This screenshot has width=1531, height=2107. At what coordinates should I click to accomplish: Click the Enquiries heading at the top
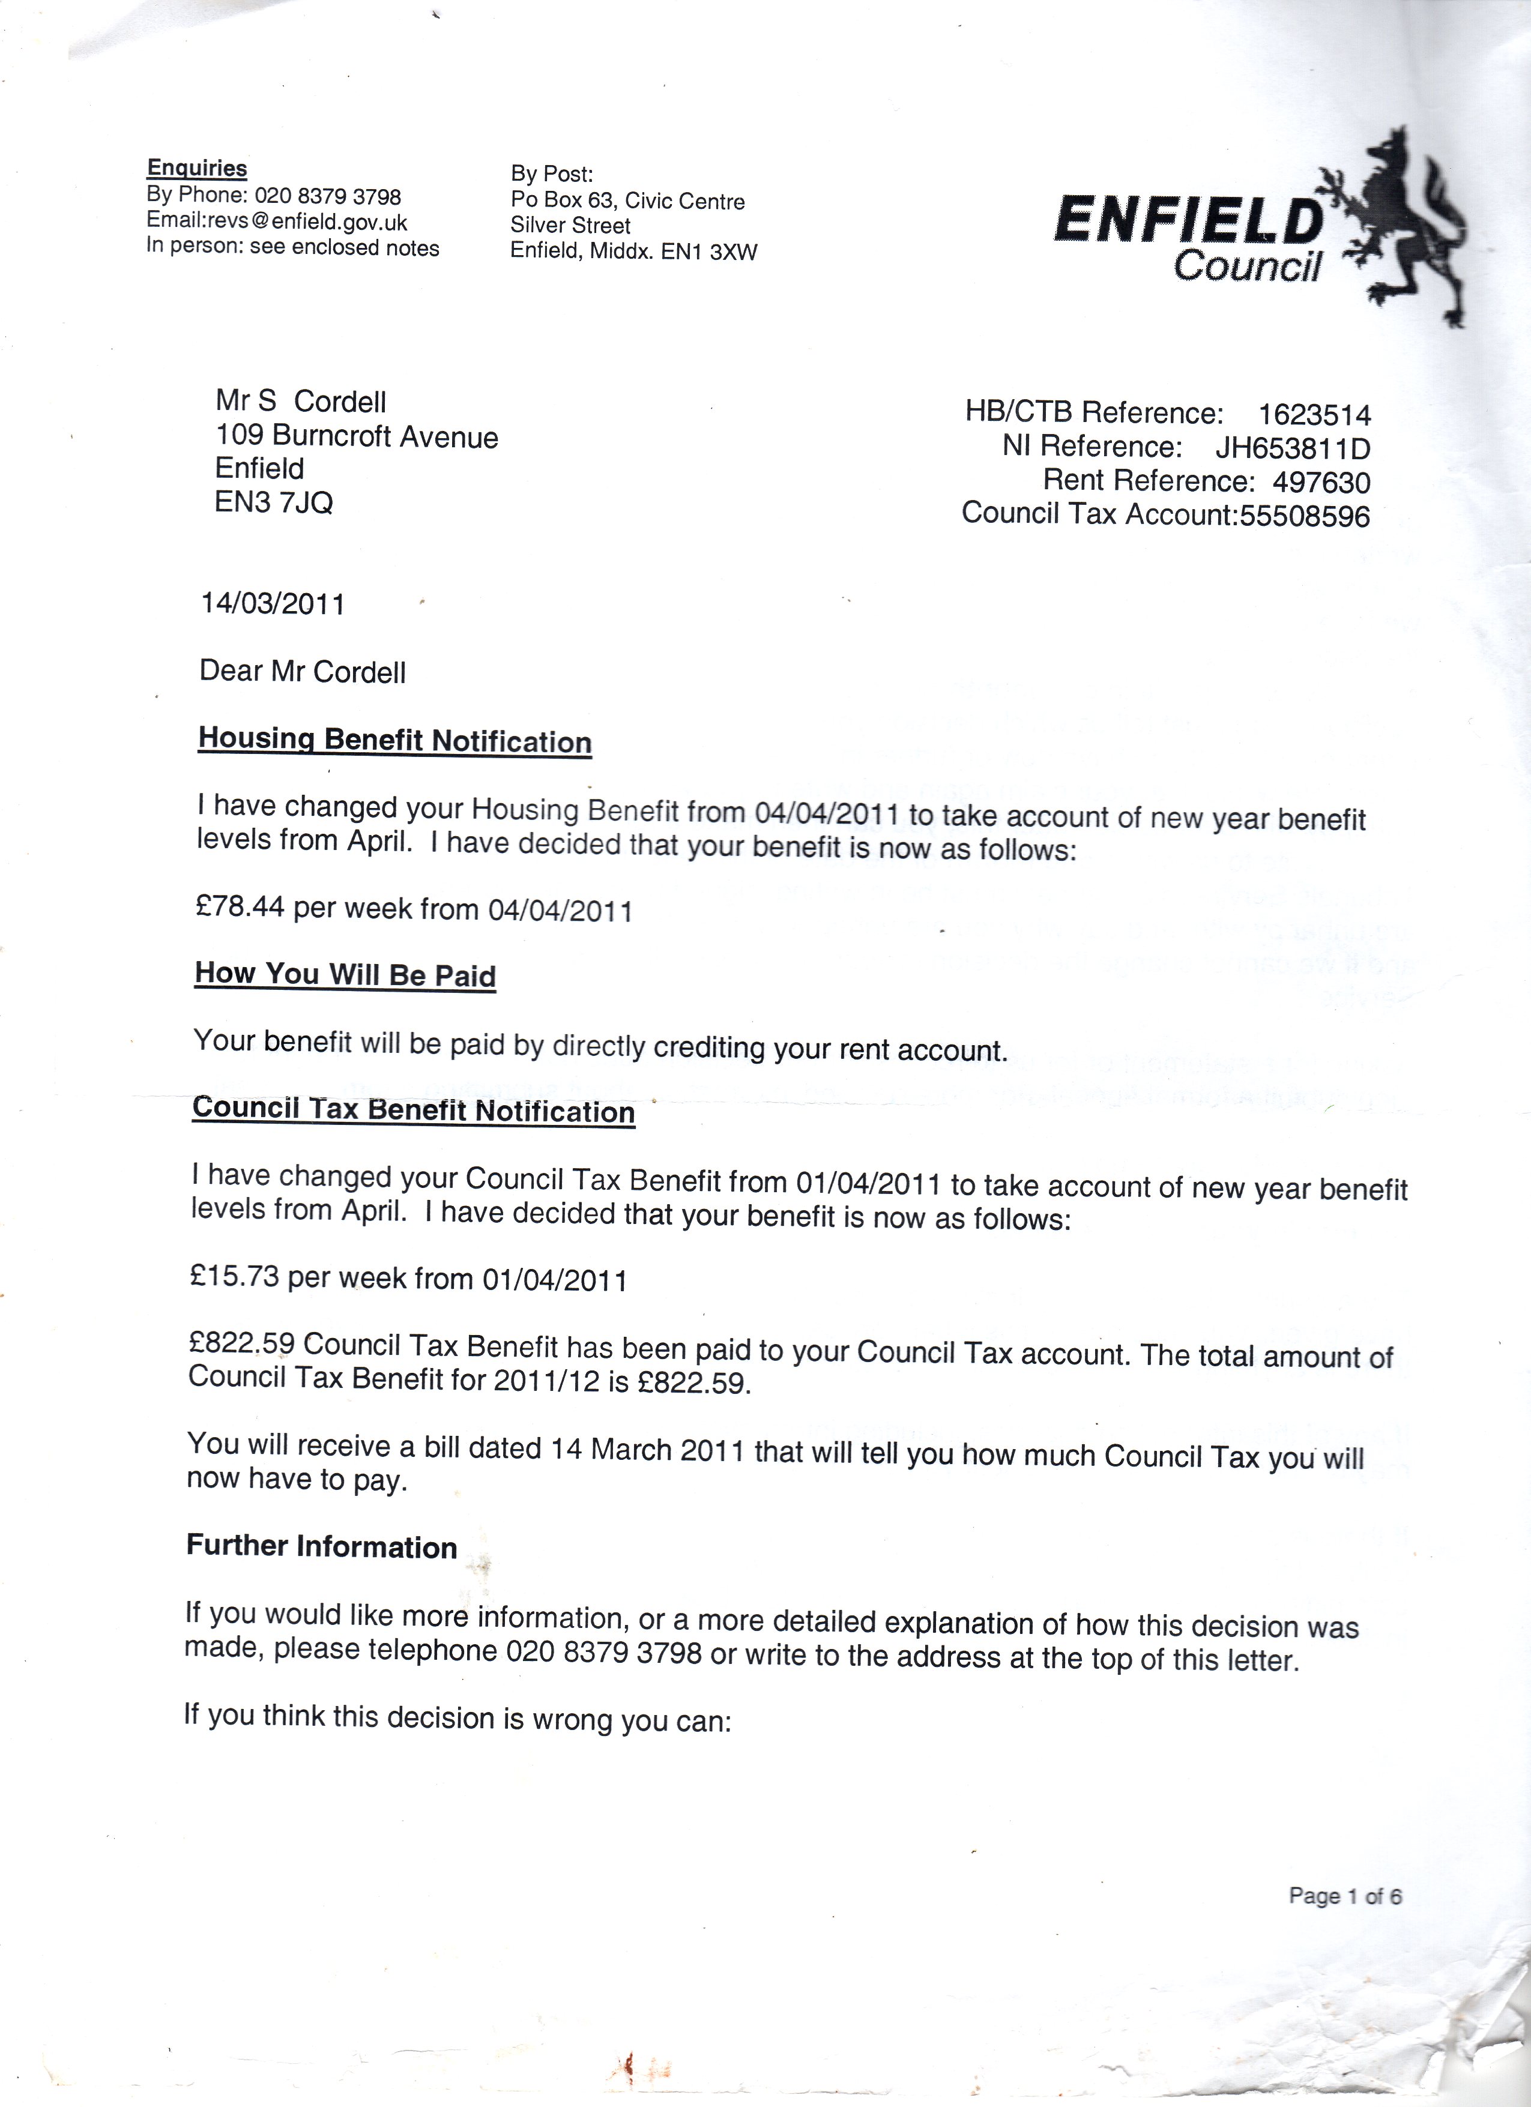click(x=197, y=168)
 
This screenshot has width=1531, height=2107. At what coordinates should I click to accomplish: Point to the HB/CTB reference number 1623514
click(x=1314, y=414)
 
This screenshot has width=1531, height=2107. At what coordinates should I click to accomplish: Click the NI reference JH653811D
click(x=1292, y=449)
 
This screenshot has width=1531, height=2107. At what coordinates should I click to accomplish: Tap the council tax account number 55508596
click(x=1304, y=516)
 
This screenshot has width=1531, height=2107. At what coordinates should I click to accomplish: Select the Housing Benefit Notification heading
click(x=395, y=740)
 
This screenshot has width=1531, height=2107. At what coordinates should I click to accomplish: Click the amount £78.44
click(x=240, y=906)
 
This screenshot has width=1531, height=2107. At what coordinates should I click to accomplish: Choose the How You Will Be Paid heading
click(x=345, y=974)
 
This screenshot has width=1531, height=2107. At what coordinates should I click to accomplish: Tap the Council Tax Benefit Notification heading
click(x=414, y=1110)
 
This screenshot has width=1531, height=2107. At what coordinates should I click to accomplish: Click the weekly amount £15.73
click(x=234, y=1276)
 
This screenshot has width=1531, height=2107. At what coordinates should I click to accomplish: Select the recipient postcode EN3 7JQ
click(x=273, y=502)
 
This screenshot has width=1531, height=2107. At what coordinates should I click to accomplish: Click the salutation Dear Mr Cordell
click(x=302, y=672)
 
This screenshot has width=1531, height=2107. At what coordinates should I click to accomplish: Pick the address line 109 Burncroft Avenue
click(x=357, y=436)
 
